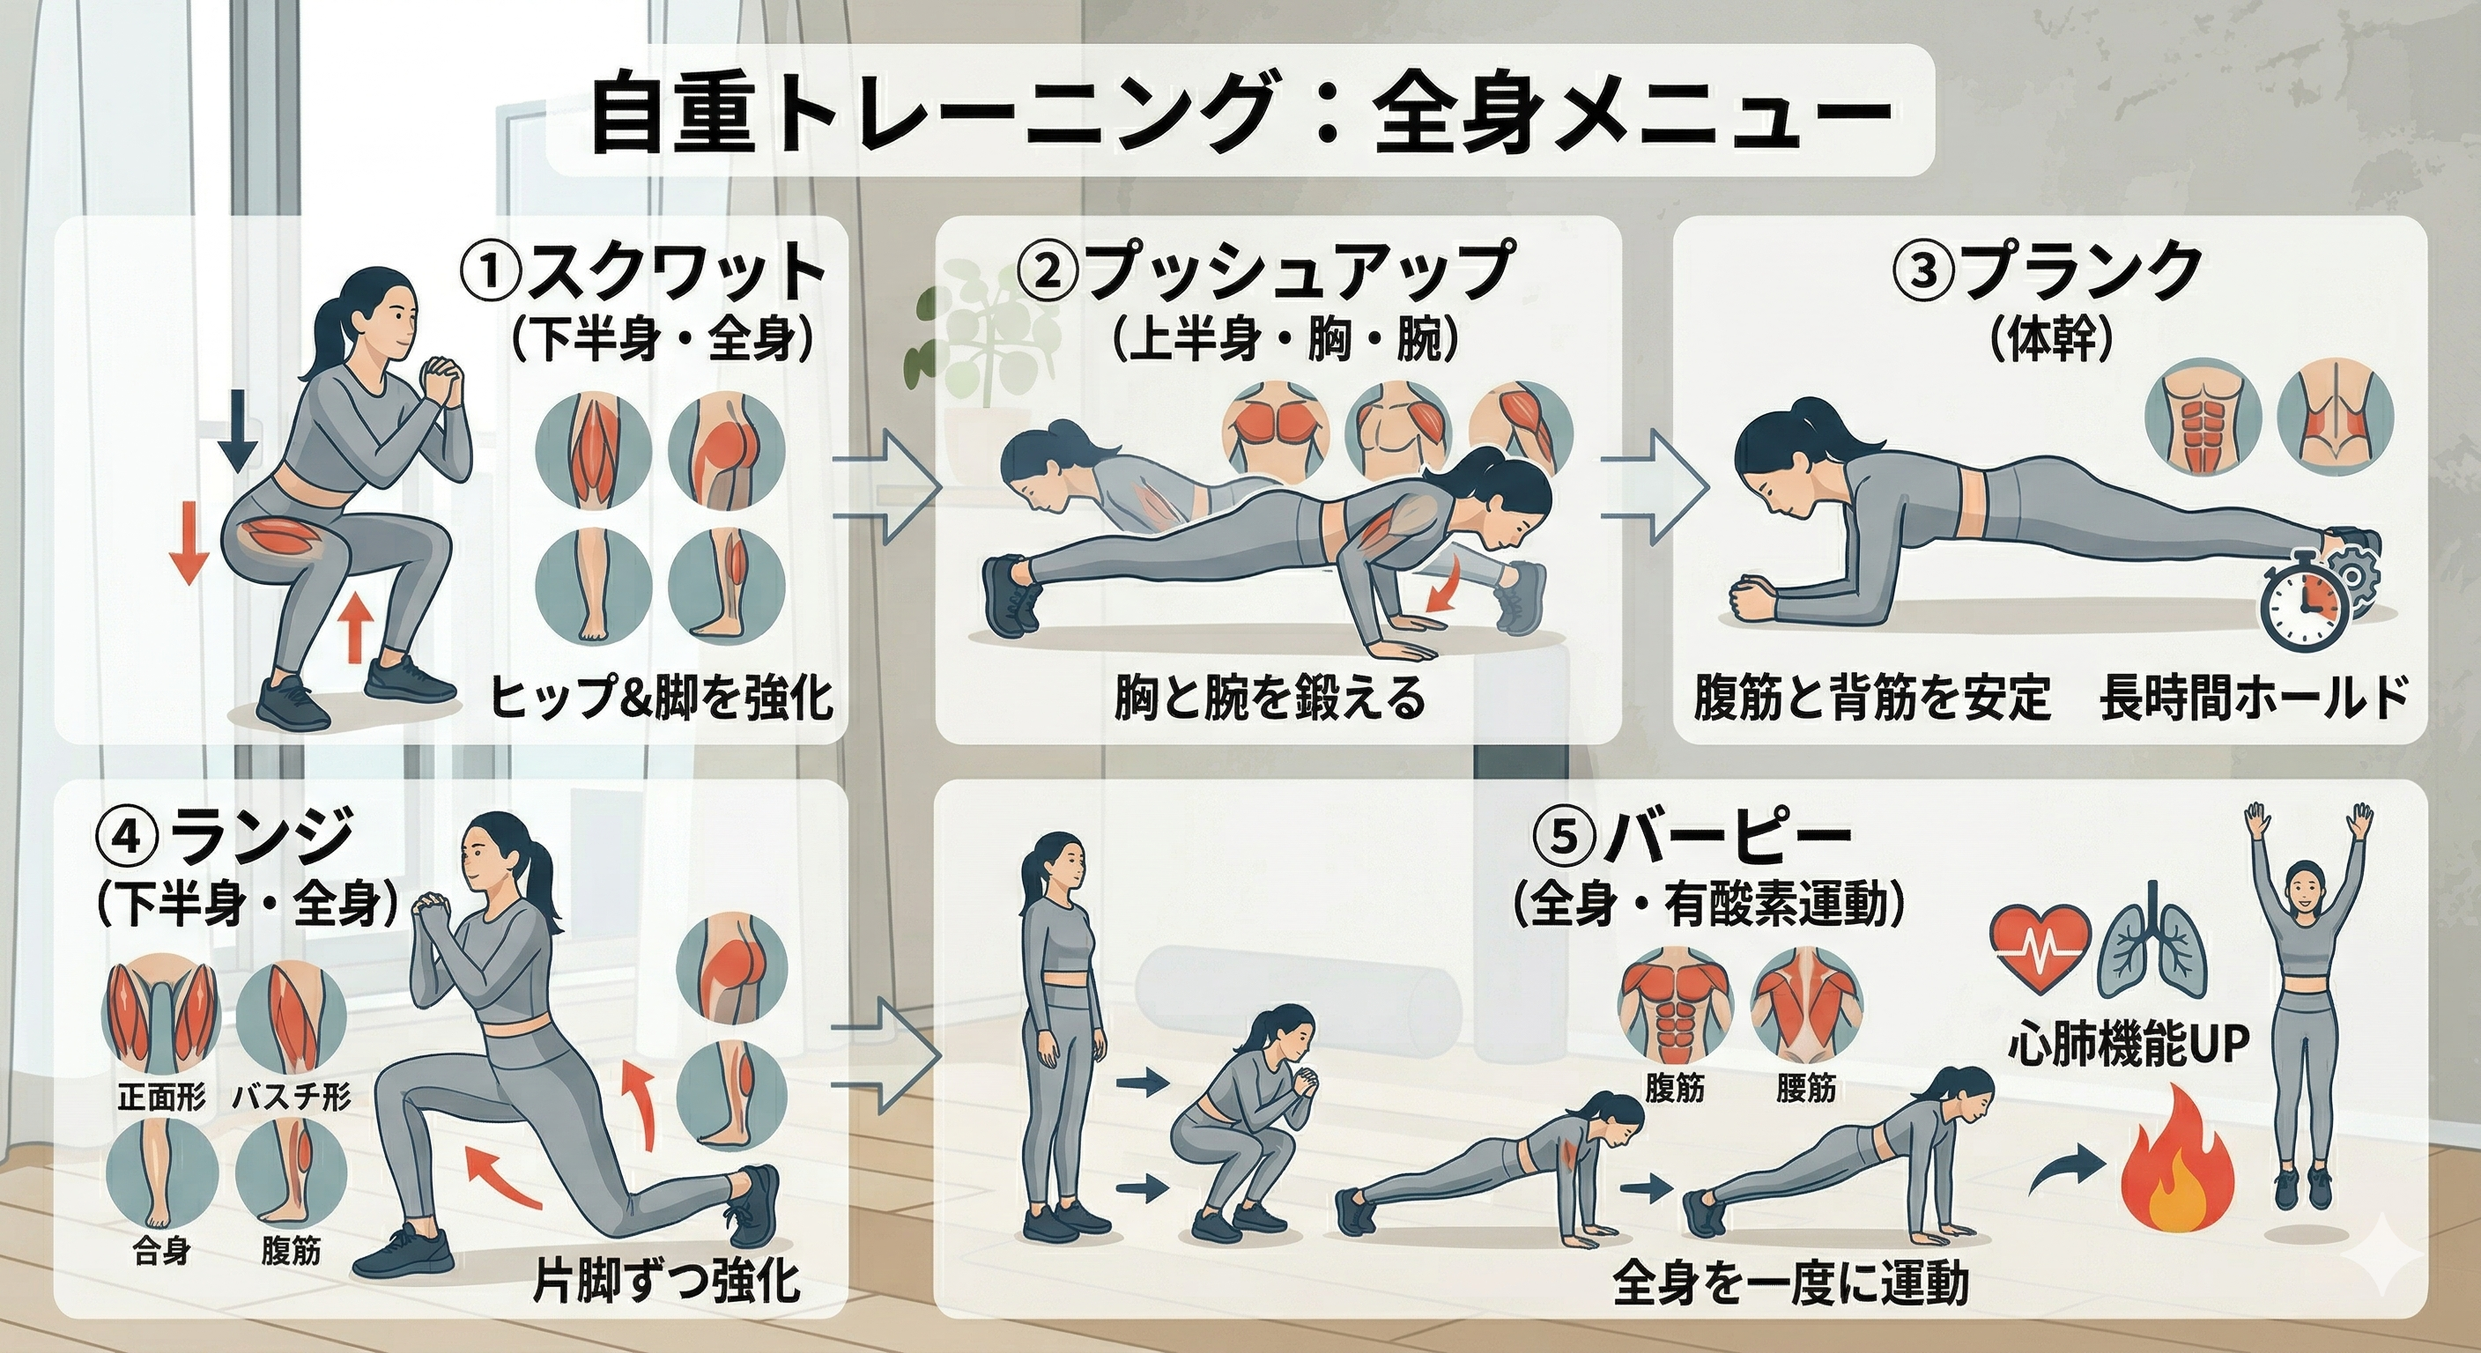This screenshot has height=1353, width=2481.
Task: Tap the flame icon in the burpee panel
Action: (2179, 1178)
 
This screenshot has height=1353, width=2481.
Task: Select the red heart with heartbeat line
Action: (2040, 947)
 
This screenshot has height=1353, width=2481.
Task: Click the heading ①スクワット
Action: (643, 272)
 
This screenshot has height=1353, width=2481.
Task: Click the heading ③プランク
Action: (2047, 271)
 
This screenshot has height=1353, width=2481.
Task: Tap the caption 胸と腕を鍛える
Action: (1269, 699)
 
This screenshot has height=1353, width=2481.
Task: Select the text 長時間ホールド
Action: (2253, 699)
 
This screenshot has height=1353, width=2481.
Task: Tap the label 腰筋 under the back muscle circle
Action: (1805, 1089)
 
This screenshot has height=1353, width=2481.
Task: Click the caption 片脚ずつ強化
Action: (666, 1282)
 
